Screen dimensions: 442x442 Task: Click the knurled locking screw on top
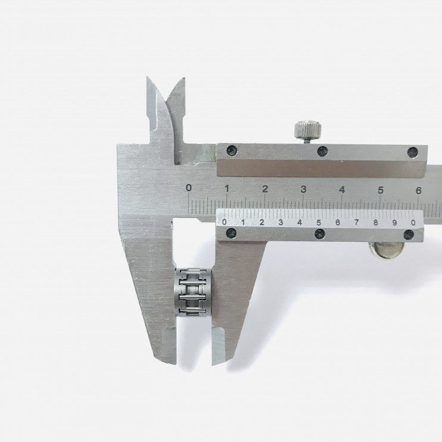click(308, 129)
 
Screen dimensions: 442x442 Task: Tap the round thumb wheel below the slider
click(387, 250)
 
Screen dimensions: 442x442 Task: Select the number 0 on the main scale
click(189, 188)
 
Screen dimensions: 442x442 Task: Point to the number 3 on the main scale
click(303, 189)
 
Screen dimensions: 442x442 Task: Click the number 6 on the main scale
click(419, 191)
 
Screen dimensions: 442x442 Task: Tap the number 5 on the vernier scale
click(319, 222)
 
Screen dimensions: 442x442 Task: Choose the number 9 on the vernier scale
click(394, 223)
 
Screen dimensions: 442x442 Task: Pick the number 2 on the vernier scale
click(262, 222)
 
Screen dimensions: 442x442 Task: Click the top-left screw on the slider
click(232, 150)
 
